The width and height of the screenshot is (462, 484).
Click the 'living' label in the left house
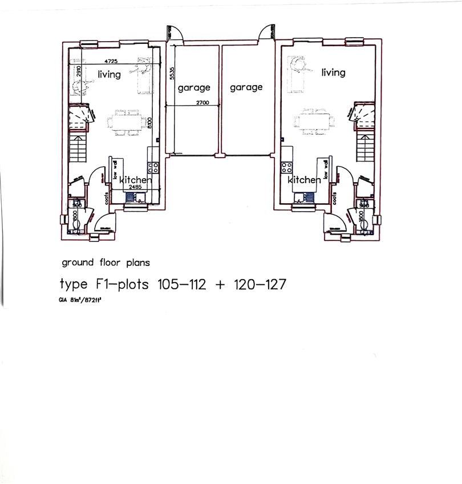[109, 74]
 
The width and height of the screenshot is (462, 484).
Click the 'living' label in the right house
[333, 72]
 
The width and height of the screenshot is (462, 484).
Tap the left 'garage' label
[194, 87]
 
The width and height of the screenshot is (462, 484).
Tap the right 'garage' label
[246, 87]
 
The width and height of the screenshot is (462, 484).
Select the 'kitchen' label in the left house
[136, 180]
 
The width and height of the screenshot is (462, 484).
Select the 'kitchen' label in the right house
[304, 180]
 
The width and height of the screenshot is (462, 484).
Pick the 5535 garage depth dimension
[171, 75]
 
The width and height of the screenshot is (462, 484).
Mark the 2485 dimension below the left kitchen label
[135, 187]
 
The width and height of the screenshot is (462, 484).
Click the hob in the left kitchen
[153, 167]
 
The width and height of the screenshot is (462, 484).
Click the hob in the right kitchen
[286, 167]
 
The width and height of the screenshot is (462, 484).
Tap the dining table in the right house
[313, 121]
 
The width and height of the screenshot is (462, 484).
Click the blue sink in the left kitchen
[131, 197]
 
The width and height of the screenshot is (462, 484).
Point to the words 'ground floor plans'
[106, 263]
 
